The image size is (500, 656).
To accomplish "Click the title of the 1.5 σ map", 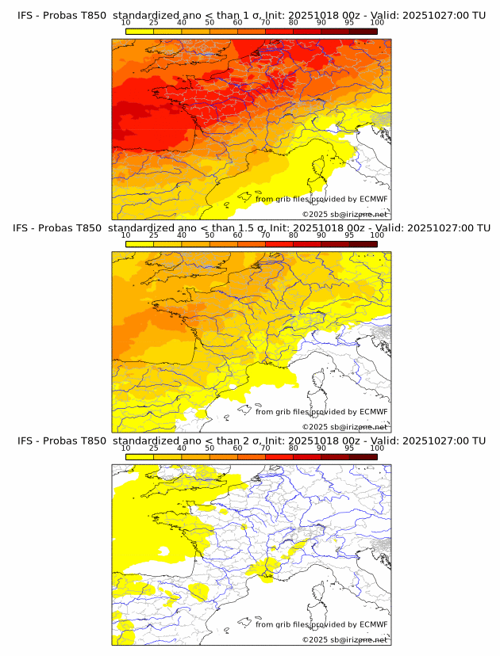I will click(251, 228).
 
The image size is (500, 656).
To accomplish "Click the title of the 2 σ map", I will click(251, 441).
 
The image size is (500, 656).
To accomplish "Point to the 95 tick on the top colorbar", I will click(349, 22).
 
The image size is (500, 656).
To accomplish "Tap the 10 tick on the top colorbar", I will click(125, 22).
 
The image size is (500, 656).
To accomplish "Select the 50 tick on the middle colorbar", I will click(210, 235).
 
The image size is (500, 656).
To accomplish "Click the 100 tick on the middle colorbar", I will click(377, 235).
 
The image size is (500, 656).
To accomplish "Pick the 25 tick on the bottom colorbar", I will click(153, 448).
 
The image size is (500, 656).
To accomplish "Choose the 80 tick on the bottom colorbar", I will click(294, 448).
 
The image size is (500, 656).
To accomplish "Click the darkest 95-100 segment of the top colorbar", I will click(363, 32).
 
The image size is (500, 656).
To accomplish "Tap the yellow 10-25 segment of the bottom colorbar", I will click(139, 457).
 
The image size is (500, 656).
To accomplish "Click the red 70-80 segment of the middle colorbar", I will click(279, 244).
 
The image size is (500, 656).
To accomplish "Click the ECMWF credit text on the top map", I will click(321, 199).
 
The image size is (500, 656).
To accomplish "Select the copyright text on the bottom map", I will click(345, 639).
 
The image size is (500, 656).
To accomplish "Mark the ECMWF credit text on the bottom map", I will click(321, 624).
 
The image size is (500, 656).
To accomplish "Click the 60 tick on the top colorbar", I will click(237, 22).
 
